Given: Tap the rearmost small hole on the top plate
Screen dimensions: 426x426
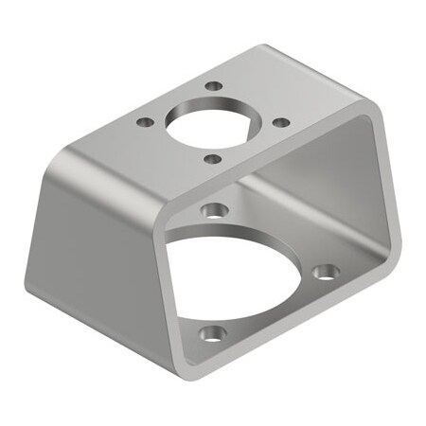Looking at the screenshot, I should pyautogui.click(x=215, y=85).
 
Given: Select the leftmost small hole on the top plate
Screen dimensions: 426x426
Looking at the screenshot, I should pyautogui.click(x=145, y=122).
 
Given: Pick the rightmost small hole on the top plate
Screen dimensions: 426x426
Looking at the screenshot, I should pyautogui.click(x=280, y=121).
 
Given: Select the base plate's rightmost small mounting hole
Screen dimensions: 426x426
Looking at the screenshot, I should pyautogui.click(x=327, y=273).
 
